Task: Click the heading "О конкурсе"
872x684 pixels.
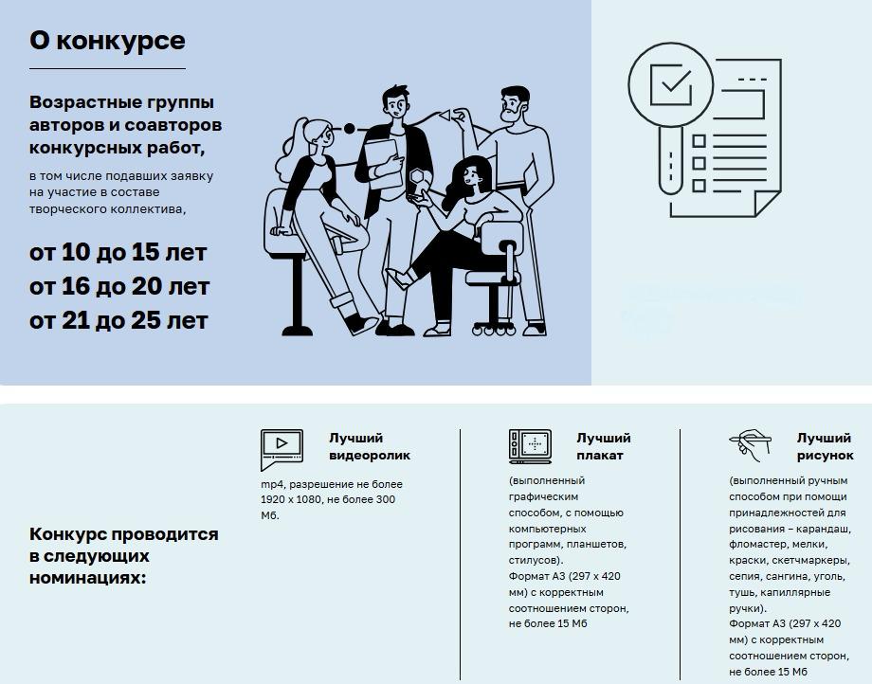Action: tap(107, 41)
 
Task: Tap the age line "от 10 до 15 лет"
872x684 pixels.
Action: tap(118, 253)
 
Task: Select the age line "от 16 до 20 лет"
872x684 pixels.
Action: tap(119, 286)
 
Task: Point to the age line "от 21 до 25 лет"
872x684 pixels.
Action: tap(118, 320)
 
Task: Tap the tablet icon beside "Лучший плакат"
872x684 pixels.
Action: tap(530, 445)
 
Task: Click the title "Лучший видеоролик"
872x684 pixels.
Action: tap(370, 446)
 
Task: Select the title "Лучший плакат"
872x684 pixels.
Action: tap(603, 446)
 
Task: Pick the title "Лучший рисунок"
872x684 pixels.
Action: tap(824, 446)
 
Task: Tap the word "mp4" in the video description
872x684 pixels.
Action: tap(271, 484)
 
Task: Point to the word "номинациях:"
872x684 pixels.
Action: tap(88, 577)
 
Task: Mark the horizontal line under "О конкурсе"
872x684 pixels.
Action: tap(107, 69)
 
